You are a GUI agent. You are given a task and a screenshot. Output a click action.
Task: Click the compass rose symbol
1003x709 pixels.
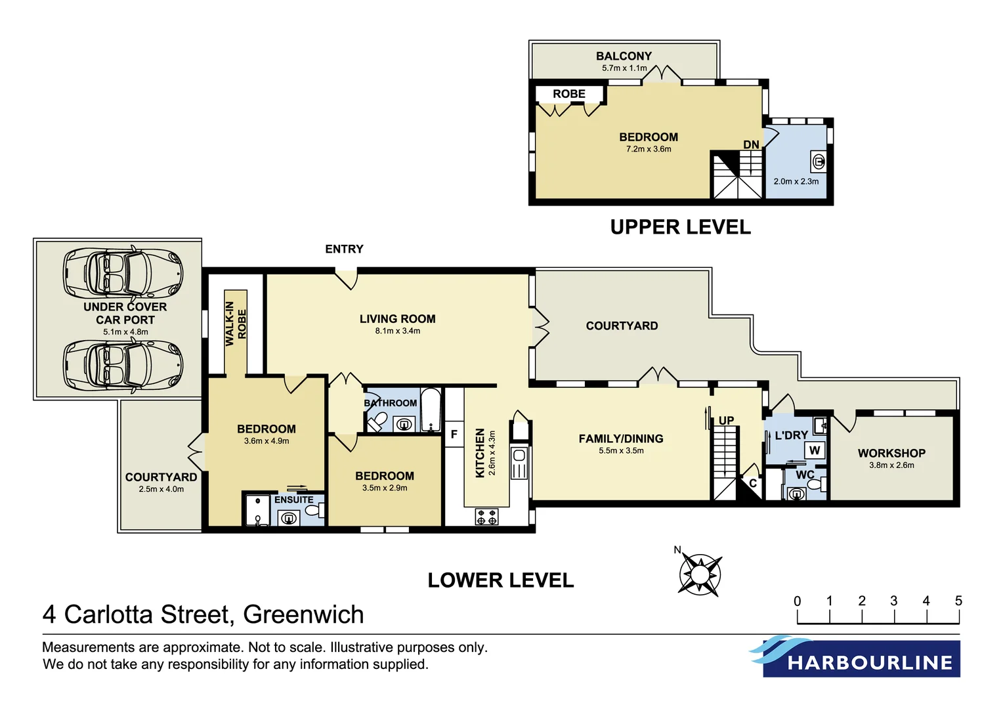point(700,574)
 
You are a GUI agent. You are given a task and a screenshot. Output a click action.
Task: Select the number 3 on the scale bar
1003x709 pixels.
point(893,601)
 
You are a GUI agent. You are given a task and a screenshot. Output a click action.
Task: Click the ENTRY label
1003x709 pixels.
point(344,249)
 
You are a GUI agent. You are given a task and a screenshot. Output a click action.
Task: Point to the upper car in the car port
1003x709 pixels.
point(122,273)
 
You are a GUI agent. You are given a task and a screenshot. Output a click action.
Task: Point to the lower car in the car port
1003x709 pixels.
point(122,366)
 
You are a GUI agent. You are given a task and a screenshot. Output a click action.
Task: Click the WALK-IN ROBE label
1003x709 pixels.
point(236,324)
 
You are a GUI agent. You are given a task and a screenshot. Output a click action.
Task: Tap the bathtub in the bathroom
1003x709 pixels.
point(430,410)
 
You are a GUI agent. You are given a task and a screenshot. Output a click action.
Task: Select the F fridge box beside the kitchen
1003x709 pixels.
point(454,434)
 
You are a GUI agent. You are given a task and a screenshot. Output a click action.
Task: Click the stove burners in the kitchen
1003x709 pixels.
point(486,517)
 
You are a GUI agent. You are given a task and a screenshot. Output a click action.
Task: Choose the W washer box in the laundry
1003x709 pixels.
point(815,450)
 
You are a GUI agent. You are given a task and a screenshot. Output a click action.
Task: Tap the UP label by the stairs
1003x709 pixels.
point(726,420)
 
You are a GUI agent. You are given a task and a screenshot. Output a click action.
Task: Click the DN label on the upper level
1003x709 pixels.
point(751,144)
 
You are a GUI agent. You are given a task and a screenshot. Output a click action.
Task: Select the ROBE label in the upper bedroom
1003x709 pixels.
point(568,94)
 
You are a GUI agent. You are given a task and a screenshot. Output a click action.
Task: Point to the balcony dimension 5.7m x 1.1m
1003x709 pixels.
point(624,68)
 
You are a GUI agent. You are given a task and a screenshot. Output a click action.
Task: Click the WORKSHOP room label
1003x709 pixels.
point(891,453)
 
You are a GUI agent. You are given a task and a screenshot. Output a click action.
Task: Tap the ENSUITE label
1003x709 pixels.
point(293,500)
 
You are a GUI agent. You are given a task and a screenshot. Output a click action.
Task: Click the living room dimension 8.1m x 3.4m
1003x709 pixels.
point(398,331)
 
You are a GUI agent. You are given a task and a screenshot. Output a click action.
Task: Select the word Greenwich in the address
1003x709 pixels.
point(303,614)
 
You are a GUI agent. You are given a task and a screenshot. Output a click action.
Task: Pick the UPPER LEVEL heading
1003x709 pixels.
point(680,227)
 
